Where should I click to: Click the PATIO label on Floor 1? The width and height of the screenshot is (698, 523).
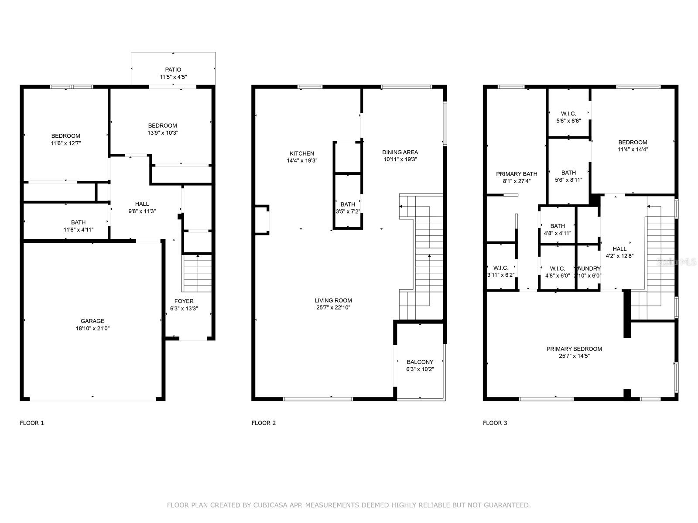coord(173,70)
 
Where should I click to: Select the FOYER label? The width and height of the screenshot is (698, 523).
coord(184,301)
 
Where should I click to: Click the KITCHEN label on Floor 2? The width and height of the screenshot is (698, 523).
coord(302,153)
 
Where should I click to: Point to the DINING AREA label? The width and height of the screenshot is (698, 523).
coord(400,152)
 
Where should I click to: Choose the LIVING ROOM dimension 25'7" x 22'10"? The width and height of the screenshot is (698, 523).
coord(333,308)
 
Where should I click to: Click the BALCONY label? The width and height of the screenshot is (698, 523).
coord(420,362)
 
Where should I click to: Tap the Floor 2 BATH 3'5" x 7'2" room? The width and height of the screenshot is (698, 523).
coord(348,207)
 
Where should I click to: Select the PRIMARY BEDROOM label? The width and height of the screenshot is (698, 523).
coord(574,349)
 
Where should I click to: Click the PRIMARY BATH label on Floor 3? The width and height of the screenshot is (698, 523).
coord(517,174)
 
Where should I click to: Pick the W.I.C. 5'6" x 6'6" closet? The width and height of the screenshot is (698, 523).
coord(568,117)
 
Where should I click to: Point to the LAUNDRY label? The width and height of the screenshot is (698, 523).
coord(589,268)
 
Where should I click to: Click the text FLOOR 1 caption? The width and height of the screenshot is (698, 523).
coord(32,423)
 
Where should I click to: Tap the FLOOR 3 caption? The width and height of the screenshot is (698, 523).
coord(495,423)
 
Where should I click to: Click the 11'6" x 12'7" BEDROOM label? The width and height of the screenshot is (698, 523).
coord(65,136)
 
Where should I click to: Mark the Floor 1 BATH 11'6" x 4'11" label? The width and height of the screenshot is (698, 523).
coord(79,222)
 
